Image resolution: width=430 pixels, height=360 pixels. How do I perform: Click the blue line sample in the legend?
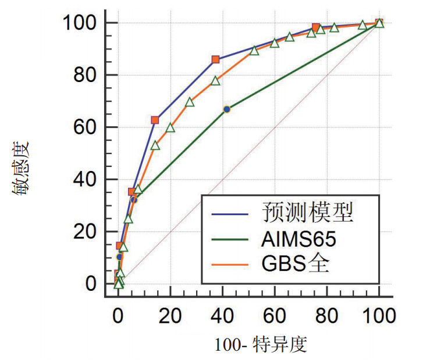(x=230, y=213)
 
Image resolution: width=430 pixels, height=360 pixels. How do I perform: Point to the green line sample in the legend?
(x=230, y=239)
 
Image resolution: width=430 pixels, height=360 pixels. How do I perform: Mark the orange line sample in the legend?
(x=230, y=265)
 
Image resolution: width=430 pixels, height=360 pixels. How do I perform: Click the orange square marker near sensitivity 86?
(x=216, y=59)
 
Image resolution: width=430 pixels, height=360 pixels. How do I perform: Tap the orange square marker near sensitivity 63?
(x=155, y=120)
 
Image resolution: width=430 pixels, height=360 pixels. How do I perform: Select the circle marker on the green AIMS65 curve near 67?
(x=227, y=109)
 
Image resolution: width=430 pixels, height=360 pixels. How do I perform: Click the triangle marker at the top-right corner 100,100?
(x=379, y=23)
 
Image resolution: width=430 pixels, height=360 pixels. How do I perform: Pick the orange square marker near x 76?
(x=316, y=27)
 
